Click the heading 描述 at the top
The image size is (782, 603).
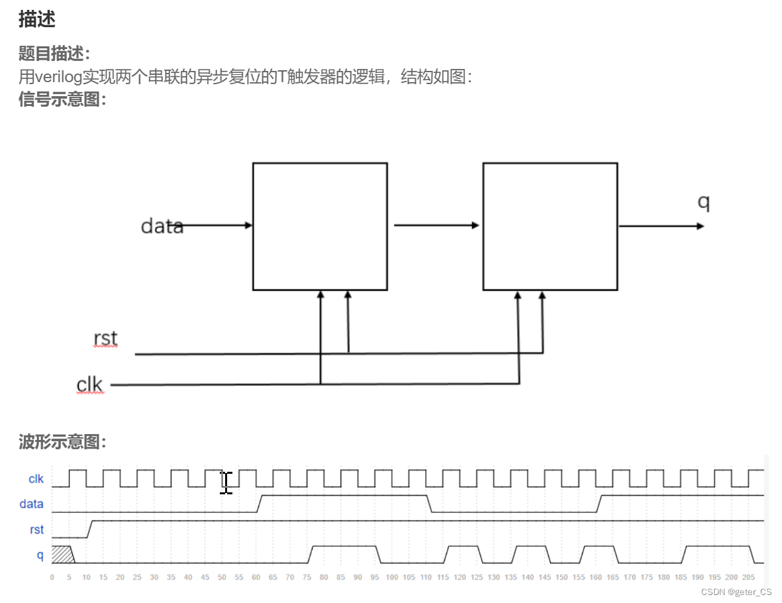[x=36, y=20]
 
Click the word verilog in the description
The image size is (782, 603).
[x=58, y=77]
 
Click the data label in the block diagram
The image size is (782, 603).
[x=162, y=227]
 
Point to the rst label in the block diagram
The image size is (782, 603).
[x=106, y=338]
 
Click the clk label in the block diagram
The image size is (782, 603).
[x=90, y=384]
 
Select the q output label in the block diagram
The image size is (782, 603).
[x=703, y=202]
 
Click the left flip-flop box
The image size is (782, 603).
[x=320, y=226]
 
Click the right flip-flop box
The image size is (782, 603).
[x=550, y=226]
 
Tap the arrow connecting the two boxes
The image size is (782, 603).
[x=436, y=225]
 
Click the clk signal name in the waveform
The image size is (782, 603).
[x=36, y=478]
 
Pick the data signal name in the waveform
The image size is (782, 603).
[x=31, y=504]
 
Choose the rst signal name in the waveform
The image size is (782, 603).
[x=37, y=529]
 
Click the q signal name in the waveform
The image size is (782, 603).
[x=40, y=555]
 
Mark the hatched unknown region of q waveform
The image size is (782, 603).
[x=61, y=554]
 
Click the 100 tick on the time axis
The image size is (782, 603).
[x=392, y=577]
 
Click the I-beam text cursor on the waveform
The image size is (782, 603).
[x=226, y=482]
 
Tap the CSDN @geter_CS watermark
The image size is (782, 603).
[x=736, y=592]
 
